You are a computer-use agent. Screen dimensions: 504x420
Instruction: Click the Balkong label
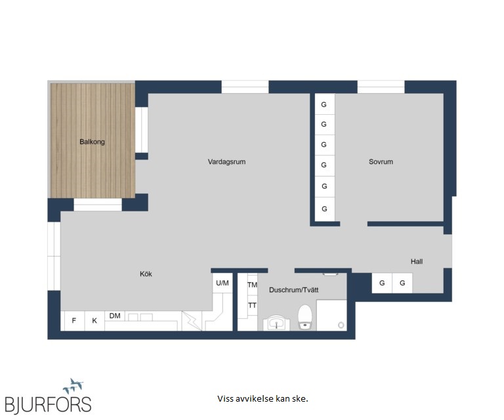point(93,142)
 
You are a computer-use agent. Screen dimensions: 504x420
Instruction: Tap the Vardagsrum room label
point(226,161)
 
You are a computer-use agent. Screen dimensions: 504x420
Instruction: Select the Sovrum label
point(381,161)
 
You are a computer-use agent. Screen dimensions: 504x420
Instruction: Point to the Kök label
point(146,274)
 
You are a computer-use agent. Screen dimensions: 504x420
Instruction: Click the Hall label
point(417,262)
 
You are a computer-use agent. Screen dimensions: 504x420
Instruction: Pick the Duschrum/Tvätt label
point(294,290)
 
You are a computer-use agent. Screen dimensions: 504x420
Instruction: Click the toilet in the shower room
point(304,317)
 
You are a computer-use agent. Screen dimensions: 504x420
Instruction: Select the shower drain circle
point(341,325)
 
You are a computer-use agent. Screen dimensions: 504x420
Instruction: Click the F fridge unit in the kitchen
point(74,320)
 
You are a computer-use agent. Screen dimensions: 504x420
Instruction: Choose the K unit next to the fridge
point(94,320)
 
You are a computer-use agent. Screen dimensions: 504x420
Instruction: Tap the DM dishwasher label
point(115,316)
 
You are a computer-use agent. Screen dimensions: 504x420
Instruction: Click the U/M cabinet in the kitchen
point(222,283)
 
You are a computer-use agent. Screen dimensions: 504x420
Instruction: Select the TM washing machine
point(252,285)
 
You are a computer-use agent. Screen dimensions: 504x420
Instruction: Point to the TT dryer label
point(252,305)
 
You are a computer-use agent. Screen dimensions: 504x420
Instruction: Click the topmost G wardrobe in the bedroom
point(325,104)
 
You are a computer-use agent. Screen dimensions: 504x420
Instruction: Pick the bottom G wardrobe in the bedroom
point(325,209)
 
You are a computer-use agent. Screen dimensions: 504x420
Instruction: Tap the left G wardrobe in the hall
point(382,283)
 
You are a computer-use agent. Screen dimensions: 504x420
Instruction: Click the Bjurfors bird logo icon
point(73,386)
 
